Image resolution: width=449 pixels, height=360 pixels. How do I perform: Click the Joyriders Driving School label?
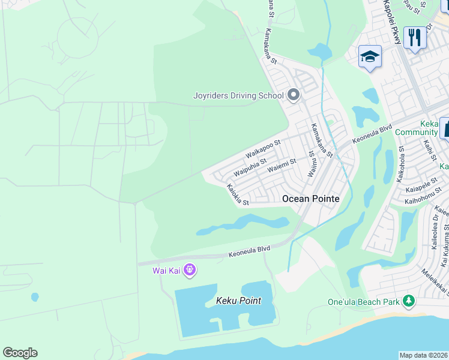pos(238,95)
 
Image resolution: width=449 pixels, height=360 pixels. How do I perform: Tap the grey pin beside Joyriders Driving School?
pos(294,95)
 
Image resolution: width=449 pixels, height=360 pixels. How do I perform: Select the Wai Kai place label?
pos(166,271)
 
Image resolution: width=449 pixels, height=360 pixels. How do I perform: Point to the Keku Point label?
pos(238,300)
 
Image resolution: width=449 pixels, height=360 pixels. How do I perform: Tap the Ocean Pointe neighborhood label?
pos(310,199)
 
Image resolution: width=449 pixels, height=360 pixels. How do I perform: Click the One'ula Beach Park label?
pos(364,302)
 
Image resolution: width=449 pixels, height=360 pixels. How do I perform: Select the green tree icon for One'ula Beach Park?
pos(409,300)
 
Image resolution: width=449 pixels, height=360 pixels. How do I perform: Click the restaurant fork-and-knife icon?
pos(414,38)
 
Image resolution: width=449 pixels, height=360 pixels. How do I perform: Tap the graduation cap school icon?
pos(370,57)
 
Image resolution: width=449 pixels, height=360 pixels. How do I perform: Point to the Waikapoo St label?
pos(263,149)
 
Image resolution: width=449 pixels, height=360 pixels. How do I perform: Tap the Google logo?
pos(20,353)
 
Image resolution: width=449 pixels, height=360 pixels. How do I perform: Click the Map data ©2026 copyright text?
pos(424,355)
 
